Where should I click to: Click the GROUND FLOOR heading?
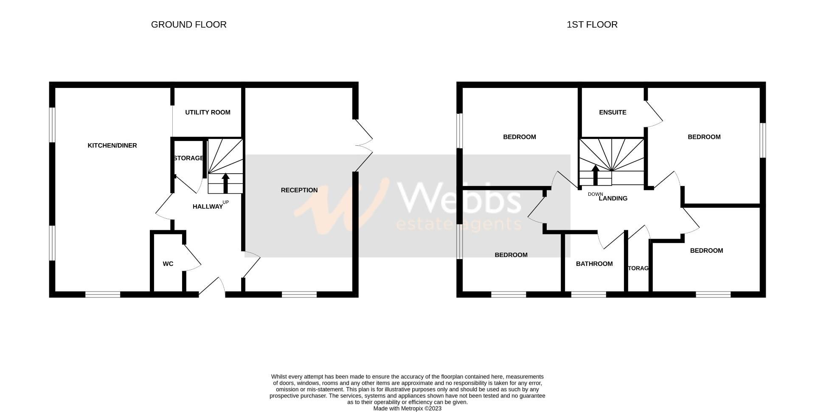point(188,25)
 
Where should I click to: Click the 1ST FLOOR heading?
point(592,25)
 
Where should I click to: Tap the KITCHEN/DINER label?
point(112,145)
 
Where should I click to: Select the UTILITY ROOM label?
point(208,112)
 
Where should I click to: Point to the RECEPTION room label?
point(299,190)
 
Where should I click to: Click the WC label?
point(168,264)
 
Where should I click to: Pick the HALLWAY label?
point(208,207)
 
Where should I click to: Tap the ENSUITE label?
point(613,112)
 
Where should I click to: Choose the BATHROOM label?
point(594,264)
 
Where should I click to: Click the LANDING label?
point(613,198)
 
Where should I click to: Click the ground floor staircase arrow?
point(225,183)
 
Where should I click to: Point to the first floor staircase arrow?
point(596,175)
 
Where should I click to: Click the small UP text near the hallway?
point(226,202)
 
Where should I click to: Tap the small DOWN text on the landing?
point(595,194)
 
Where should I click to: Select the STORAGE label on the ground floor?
point(188,158)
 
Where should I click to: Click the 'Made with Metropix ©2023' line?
point(407,409)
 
